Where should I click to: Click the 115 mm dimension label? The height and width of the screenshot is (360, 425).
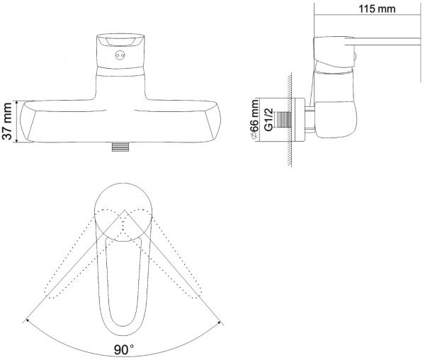point(377,9)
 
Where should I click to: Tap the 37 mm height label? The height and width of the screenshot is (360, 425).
point(7,121)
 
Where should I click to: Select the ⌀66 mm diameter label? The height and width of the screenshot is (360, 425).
point(255,120)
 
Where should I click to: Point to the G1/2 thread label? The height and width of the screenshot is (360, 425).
point(268,120)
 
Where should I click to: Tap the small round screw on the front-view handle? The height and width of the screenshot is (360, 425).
point(120,55)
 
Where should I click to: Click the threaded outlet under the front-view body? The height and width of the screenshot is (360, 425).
point(120,147)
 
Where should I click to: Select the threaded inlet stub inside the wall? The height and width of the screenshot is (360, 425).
point(283,120)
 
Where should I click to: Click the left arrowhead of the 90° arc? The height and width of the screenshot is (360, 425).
point(28,321)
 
